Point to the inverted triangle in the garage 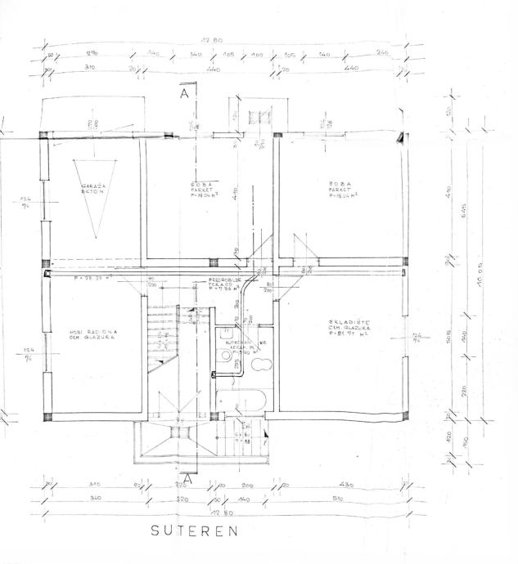coord(92,197)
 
